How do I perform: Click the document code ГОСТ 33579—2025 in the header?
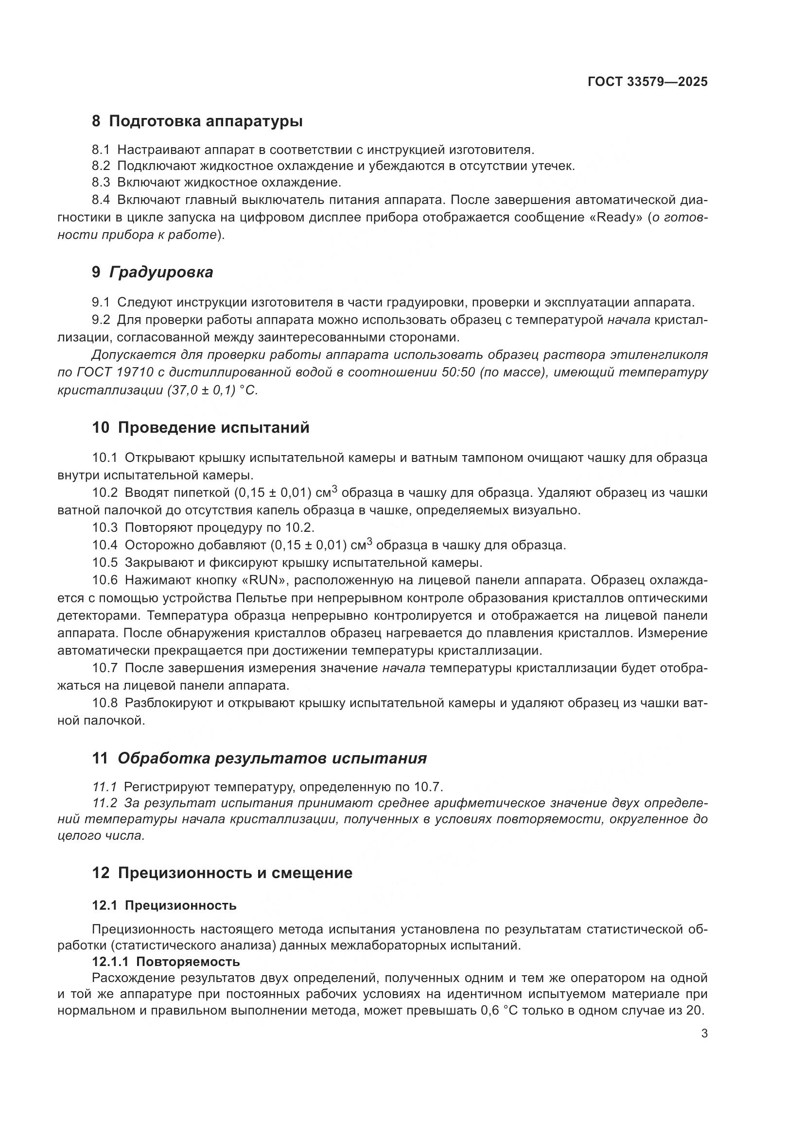[x=647, y=82]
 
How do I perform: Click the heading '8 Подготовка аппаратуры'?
[x=197, y=121]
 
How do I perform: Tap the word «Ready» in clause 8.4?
[x=616, y=218]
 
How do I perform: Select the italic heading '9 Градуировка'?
[x=153, y=272]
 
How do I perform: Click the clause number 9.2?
[x=101, y=320]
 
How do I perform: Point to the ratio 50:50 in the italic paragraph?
[x=458, y=373]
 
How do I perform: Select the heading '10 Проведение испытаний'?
[x=200, y=427]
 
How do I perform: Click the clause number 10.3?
[x=105, y=527]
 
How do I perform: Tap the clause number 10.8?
[x=105, y=703]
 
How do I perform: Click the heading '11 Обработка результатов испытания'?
[x=259, y=758]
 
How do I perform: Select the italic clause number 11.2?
[x=105, y=802]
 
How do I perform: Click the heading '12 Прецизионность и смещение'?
[x=222, y=873]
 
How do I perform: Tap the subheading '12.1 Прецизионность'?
[x=164, y=905]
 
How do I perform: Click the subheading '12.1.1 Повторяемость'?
[x=166, y=962]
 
